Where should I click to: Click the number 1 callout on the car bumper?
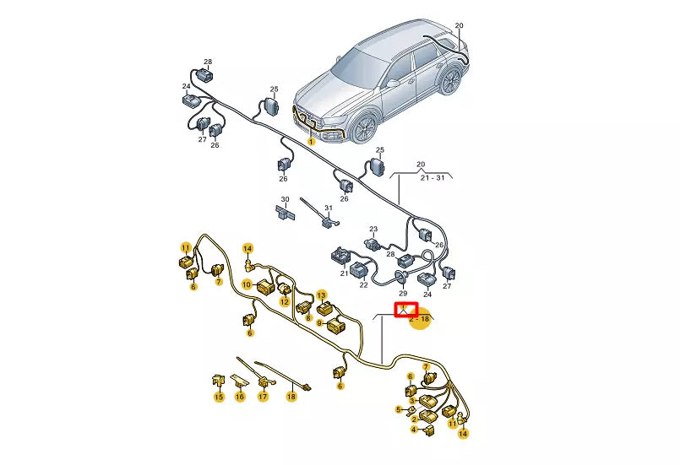[x=311, y=142]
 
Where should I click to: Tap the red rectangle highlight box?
[x=407, y=309]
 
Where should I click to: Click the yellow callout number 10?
[x=248, y=285]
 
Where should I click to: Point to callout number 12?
[x=285, y=302]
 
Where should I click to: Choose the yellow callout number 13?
[x=321, y=295]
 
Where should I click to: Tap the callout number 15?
[x=218, y=397]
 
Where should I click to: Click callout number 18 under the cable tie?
[x=291, y=396]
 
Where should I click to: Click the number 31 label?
[x=329, y=209]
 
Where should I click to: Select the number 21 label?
[x=345, y=273]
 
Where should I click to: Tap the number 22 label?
[x=364, y=285]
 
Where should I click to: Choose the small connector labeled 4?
[x=429, y=429]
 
